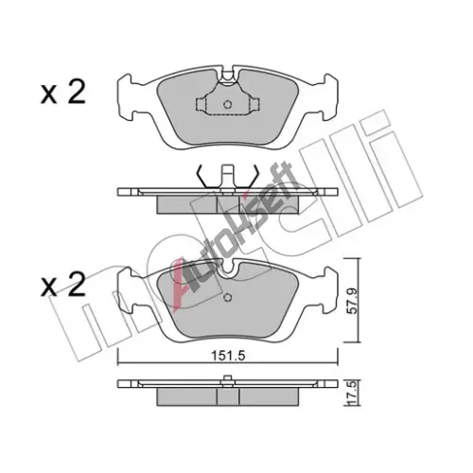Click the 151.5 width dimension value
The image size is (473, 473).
tap(228, 356)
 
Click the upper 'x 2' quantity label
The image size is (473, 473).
tap(63, 93)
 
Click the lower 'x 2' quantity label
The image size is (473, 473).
tap(63, 285)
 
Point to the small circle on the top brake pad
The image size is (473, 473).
tap(228, 104)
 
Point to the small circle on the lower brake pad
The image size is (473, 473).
tap(228, 297)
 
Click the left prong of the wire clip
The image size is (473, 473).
tap(201, 177)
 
